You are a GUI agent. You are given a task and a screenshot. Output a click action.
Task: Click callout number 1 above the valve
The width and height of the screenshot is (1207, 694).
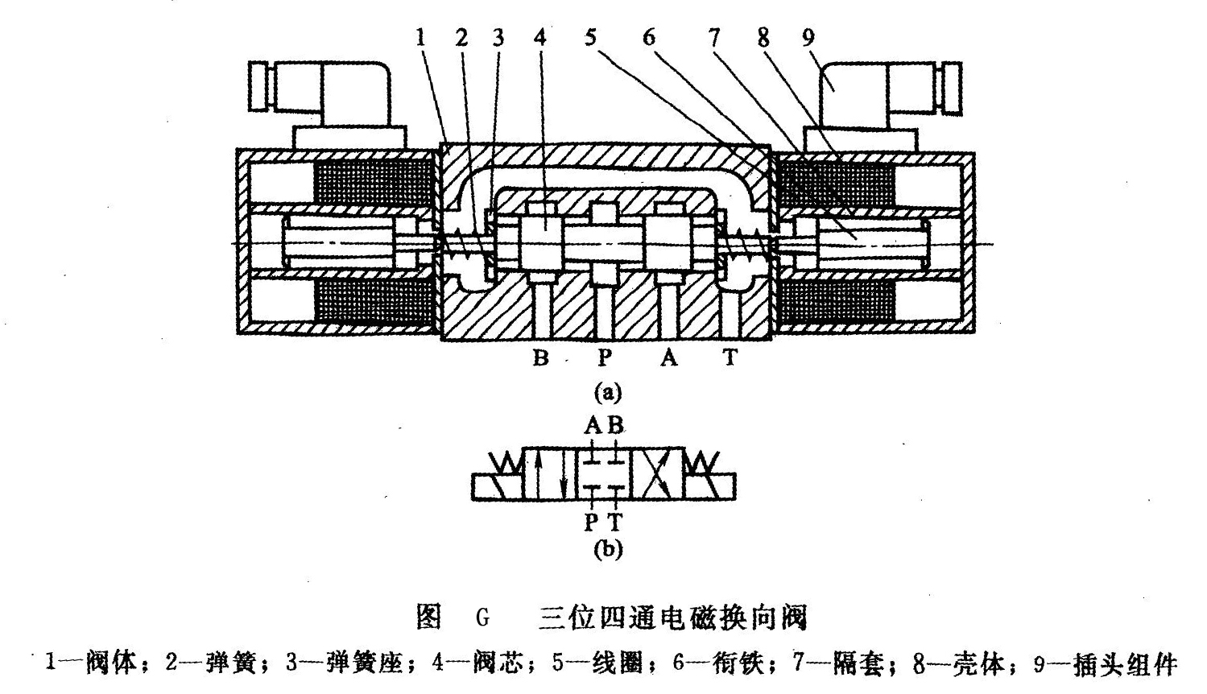pos(421,36)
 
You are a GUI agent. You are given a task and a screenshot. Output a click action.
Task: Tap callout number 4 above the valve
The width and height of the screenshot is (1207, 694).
pos(540,36)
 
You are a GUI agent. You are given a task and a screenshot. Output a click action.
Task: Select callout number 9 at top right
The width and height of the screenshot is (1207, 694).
pos(808,36)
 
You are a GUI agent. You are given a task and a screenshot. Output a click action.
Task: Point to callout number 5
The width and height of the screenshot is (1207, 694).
pos(593,36)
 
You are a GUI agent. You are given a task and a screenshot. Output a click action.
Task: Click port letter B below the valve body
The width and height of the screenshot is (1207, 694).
pos(541,357)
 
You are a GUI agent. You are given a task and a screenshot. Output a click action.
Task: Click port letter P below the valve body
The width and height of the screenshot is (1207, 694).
pos(606,357)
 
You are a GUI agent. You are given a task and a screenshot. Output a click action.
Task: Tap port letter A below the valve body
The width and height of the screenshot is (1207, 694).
pos(669,357)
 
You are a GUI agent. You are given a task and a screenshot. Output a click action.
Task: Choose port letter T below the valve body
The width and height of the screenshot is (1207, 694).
pos(730,357)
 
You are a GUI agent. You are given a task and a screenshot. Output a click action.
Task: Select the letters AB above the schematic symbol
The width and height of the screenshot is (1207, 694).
pos(605,425)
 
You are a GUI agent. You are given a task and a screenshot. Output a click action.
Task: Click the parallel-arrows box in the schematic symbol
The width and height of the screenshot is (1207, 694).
pos(549,475)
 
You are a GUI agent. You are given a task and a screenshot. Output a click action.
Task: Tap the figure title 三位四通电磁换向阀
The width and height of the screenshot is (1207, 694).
pos(672,618)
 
